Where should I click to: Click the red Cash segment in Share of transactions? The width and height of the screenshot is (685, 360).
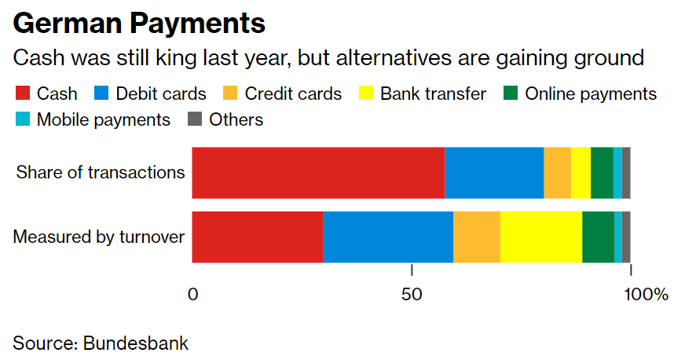coord(318,172)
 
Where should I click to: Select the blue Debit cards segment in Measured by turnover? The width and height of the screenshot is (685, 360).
coord(388,237)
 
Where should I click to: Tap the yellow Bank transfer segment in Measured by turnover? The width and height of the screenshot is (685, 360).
coord(541,237)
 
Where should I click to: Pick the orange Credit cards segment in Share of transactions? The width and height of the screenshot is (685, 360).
coord(557,172)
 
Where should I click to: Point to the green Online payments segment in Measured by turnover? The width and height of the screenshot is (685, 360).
coord(598,237)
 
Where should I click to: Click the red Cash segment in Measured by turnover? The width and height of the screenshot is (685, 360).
coord(258,237)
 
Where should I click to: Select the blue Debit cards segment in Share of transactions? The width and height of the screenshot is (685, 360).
coord(494,172)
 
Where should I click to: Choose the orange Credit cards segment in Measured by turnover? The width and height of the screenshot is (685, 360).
coord(477,237)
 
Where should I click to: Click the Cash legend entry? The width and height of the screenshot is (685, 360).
coord(46,94)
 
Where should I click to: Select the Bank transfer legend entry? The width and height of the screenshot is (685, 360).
coord(423,94)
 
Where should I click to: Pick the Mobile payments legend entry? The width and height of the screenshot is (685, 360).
coord(93,119)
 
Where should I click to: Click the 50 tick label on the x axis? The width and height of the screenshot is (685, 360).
coord(412,295)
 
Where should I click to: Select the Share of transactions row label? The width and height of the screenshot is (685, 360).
coord(101,172)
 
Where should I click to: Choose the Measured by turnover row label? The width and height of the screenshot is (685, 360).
coord(99,237)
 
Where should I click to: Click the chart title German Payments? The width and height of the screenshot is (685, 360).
coord(139,23)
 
